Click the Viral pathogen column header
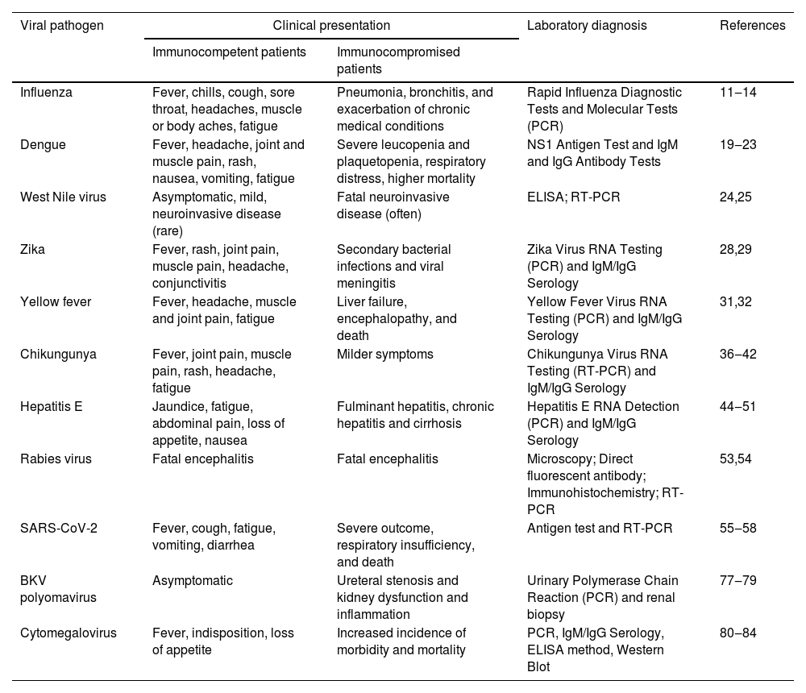click(62, 26)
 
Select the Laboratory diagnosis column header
click(587, 26)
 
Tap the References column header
click(752, 26)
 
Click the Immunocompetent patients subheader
click(229, 52)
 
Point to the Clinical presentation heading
click(331, 26)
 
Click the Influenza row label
click(46, 93)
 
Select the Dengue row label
click(43, 145)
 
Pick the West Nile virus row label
click(63, 197)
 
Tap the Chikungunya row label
click(58, 355)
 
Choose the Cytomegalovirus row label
click(69, 633)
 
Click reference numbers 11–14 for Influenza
click(738, 93)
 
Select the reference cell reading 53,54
click(736, 459)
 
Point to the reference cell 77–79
click(738, 581)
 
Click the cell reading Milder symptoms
click(385, 355)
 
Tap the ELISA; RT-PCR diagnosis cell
click(574, 197)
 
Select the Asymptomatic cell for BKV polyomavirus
click(193, 581)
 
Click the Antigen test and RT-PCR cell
click(600, 529)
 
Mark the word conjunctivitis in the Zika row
click(189, 284)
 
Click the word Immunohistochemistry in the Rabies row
click(591, 493)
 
